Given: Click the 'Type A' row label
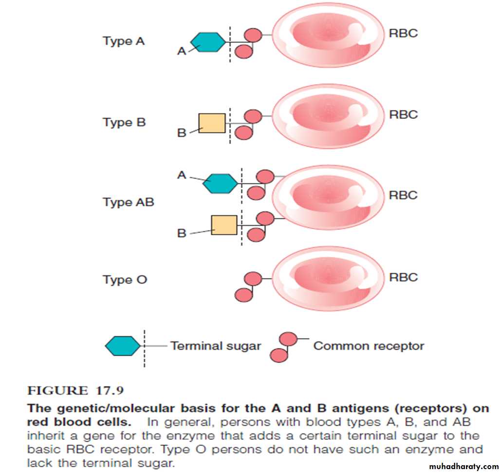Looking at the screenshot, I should [124, 41].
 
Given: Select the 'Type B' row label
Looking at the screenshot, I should [124, 122].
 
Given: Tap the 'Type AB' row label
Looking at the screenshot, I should [128, 202].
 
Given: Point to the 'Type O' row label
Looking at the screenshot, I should [125, 280].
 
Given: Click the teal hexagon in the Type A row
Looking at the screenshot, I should [208, 42].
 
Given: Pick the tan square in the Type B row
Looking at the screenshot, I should [212, 123].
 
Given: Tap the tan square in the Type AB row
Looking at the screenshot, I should [224, 225].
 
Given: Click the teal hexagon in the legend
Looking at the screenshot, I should [123, 346].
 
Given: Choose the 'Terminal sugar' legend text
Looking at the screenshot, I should [216, 346].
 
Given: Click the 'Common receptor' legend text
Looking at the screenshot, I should [369, 346].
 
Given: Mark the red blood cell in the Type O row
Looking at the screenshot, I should [328, 278].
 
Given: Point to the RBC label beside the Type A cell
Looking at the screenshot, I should [403, 34].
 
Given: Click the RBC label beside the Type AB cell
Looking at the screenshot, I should [403, 195].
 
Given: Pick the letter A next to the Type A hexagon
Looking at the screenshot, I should [182, 51].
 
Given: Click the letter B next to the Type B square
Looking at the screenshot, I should [182, 132].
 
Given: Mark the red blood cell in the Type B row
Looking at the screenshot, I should [328, 118].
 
